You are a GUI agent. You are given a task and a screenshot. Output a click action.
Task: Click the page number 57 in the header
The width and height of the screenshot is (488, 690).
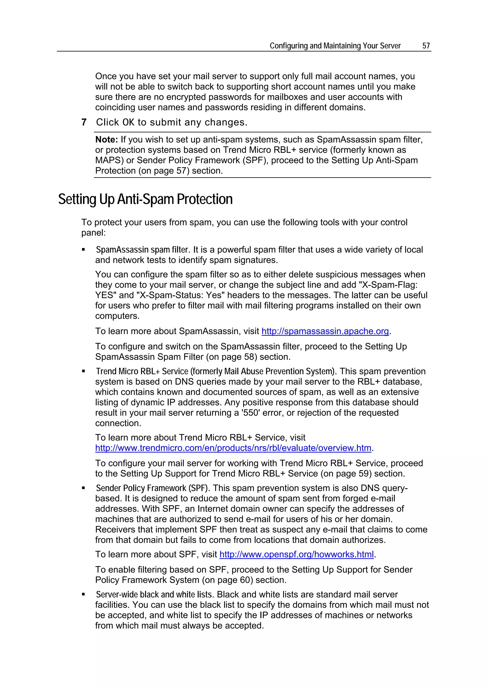[x=426, y=46]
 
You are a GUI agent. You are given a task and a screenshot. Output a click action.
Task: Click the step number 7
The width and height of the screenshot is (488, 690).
[x=84, y=122]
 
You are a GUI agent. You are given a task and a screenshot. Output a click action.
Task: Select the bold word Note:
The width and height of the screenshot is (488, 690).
[x=107, y=140]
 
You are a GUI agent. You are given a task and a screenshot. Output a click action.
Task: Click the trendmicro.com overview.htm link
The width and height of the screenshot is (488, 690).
[x=233, y=448]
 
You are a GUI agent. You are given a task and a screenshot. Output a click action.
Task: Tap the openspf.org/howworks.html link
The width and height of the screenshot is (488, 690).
[x=296, y=554]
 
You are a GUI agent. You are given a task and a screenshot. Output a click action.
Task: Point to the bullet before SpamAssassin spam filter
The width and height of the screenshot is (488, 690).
[x=84, y=250]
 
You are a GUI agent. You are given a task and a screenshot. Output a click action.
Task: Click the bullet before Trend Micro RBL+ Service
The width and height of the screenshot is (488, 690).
[x=84, y=372]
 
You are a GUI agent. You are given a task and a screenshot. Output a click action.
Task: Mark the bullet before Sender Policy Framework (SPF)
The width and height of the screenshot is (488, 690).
[x=84, y=488]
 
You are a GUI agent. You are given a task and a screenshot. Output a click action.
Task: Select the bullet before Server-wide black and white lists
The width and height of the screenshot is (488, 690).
[x=84, y=595]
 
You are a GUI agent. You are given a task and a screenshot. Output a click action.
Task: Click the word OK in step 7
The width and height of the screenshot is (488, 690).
[x=128, y=122]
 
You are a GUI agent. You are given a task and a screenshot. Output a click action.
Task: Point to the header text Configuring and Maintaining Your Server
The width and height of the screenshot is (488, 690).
[x=335, y=46]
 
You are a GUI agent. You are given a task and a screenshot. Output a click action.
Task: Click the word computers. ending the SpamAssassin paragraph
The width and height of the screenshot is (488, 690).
[x=117, y=316]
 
